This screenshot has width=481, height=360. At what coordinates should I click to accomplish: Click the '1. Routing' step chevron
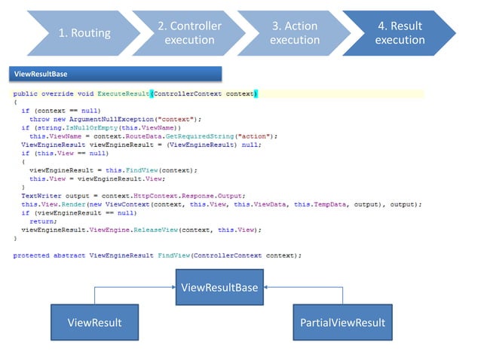click(84, 33)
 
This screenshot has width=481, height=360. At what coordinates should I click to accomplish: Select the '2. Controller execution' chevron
click(189, 33)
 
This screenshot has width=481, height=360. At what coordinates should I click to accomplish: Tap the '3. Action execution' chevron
click(294, 33)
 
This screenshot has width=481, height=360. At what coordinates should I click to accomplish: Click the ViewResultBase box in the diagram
click(220, 288)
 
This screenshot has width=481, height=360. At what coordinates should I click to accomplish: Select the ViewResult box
click(94, 323)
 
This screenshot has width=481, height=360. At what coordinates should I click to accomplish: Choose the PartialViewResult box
click(342, 323)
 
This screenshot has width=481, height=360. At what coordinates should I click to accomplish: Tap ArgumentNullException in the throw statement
click(103, 119)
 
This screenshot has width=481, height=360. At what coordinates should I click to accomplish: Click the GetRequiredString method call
click(216, 136)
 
